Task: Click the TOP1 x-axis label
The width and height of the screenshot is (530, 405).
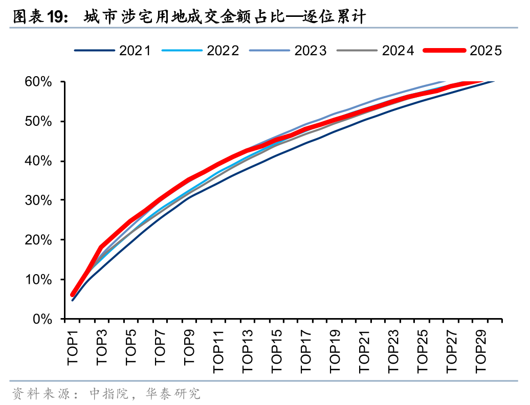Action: (73, 347)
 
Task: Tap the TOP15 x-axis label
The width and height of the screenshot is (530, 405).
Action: (276, 352)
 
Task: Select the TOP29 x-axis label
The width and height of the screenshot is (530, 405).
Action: (480, 352)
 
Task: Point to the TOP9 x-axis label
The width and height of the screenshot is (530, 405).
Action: (189, 347)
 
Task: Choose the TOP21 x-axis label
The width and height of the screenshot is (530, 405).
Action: (364, 352)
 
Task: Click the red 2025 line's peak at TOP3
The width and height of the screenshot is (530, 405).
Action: (101, 247)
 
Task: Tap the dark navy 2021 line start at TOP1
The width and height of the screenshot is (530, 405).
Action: (73, 300)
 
